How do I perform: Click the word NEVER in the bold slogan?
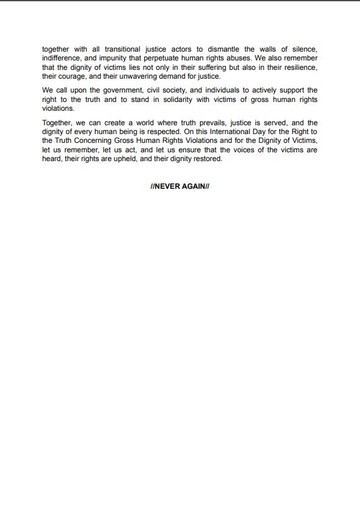167,187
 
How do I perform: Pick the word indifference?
62,58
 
